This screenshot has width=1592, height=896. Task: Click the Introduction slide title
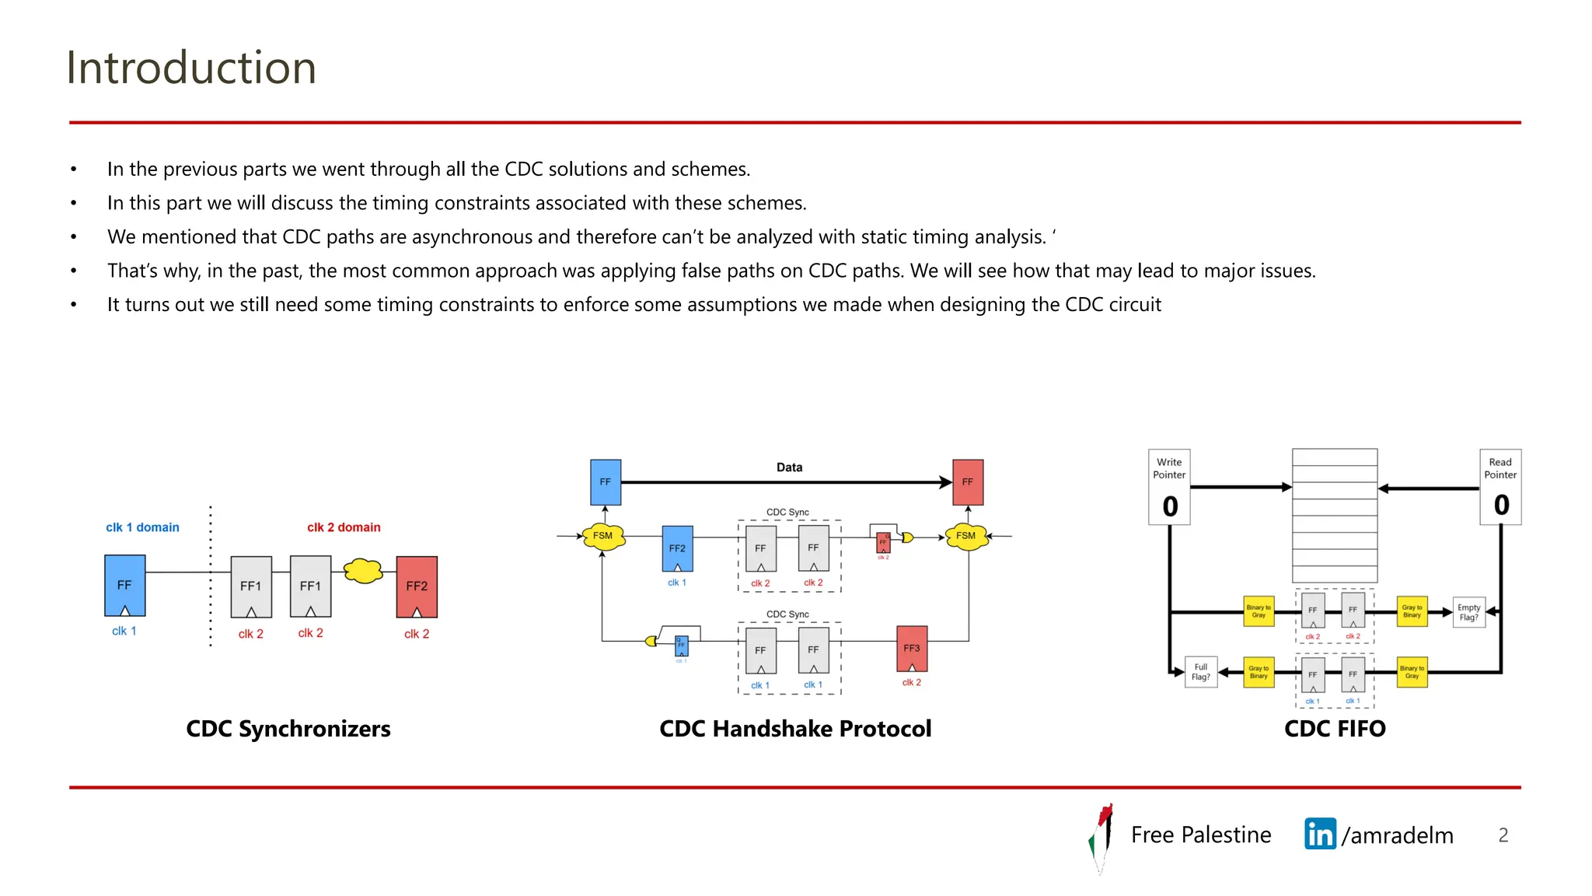191,68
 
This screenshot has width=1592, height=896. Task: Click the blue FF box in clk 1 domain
124,585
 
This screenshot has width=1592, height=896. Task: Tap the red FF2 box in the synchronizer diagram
417,586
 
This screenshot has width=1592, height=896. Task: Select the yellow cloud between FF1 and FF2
363,571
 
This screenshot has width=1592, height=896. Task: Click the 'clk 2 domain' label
344,527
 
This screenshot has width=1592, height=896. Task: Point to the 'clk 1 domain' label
142,527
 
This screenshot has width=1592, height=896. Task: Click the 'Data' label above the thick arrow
789,467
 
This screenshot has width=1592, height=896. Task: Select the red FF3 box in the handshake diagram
912,648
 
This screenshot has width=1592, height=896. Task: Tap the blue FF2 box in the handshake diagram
677,548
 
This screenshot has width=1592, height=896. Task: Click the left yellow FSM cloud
603,536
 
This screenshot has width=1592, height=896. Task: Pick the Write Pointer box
1169,487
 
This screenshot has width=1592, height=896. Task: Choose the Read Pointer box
1500,487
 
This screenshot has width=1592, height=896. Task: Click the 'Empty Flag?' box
1468,612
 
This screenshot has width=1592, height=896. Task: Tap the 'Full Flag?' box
1201,672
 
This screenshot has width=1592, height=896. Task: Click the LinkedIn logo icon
1320,835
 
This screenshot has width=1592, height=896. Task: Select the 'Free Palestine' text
1201,835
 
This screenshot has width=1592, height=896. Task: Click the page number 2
1503,835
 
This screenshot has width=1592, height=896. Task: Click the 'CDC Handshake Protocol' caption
795,729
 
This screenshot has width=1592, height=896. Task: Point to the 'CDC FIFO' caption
1335,729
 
